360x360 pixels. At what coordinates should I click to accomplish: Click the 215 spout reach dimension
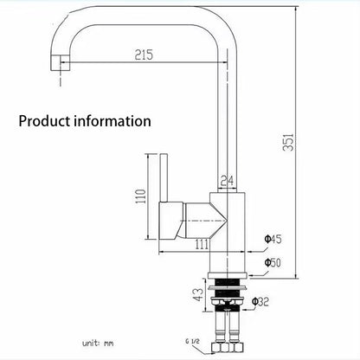click(x=144, y=55)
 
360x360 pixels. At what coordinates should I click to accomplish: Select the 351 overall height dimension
click(x=288, y=142)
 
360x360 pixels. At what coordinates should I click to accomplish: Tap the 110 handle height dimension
click(x=141, y=196)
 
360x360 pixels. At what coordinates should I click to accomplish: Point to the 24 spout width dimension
click(x=227, y=181)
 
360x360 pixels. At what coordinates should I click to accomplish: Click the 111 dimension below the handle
click(x=202, y=244)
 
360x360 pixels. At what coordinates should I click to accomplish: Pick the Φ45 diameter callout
click(x=273, y=239)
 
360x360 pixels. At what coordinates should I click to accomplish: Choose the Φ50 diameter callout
click(x=273, y=262)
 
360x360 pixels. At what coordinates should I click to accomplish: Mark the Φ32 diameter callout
click(x=260, y=302)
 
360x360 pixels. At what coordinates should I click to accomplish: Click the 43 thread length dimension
click(x=198, y=294)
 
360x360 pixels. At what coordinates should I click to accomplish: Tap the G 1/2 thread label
click(x=192, y=341)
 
